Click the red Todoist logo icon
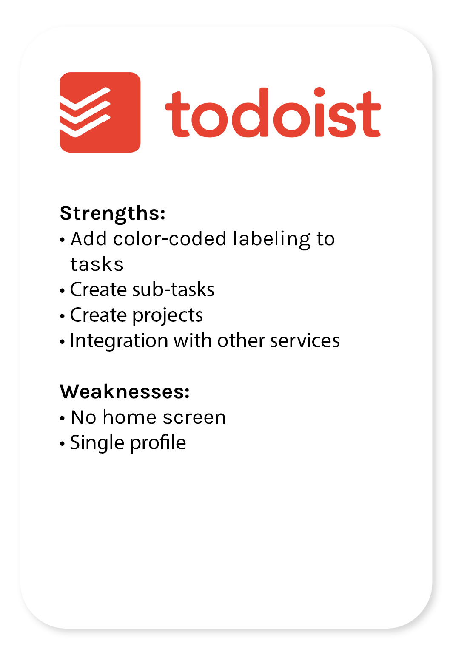click(x=100, y=112)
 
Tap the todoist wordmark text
click(x=273, y=112)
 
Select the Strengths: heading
click(x=112, y=214)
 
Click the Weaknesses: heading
click(x=125, y=391)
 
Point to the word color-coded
click(x=170, y=239)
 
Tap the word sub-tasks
click(x=173, y=289)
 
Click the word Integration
click(x=119, y=340)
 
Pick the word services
click(x=305, y=341)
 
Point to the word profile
click(x=157, y=443)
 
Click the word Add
click(x=88, y=239)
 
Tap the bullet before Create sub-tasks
click(x=62, y=290)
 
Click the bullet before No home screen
click(x=62, y=418)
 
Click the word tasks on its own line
click(x=97, y=264)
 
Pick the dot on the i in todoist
click(x=319, y=92)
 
